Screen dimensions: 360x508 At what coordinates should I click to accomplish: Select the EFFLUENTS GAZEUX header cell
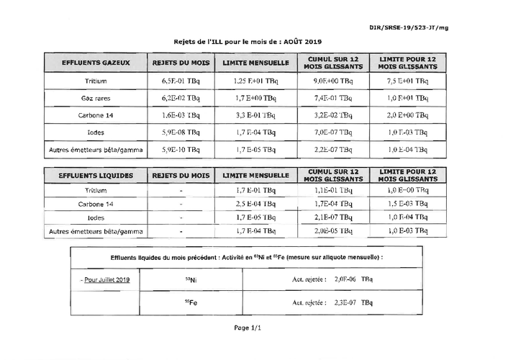click(x=96, y=63)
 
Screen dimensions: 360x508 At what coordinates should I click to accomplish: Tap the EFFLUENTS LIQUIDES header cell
click(x=96, y=175)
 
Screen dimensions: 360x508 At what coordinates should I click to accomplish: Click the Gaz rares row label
click(x=96, y=97)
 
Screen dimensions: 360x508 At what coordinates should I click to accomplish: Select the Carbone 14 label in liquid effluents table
click(x=96, y=204)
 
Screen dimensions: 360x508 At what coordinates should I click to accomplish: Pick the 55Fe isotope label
click(x=191, y=302)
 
